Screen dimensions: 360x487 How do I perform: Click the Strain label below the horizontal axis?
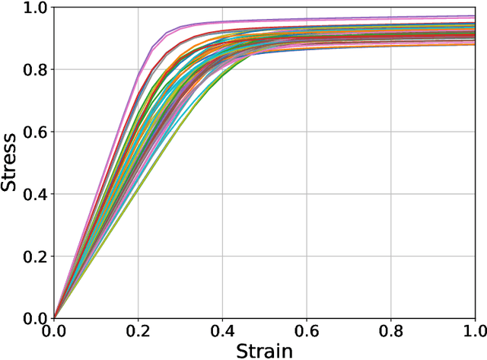265,351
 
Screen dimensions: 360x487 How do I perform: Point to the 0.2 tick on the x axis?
138,332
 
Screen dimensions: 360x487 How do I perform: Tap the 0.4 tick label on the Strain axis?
222,332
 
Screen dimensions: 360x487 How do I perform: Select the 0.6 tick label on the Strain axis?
307,332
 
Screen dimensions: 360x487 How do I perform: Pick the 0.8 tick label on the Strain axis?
391,332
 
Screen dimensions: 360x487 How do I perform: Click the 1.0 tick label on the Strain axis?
474,332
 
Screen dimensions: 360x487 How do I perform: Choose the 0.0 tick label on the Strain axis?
53,332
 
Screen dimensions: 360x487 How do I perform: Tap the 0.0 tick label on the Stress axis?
35,318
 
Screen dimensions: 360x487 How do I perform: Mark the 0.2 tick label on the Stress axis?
35,256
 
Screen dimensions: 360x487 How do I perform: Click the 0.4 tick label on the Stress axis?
35,194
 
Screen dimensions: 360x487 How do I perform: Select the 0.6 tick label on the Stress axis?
35,132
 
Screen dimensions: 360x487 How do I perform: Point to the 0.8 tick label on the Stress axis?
35,70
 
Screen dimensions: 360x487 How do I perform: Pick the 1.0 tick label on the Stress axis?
35,8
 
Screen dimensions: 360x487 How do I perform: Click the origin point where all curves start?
53,317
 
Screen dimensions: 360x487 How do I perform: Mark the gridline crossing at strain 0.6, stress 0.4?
307,193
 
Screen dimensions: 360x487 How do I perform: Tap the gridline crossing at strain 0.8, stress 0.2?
391,256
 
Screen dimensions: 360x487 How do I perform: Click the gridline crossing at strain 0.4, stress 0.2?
222,256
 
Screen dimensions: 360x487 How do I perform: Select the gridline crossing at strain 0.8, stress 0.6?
391,132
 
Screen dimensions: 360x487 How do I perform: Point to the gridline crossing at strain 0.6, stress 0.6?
307,132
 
